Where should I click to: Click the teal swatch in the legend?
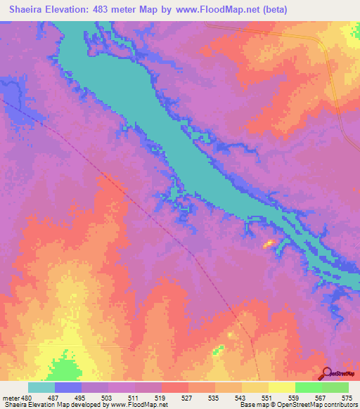[41, 387]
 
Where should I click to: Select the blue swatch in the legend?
[68, 387]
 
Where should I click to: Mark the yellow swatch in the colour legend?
[281, 387]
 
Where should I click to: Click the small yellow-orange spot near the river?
[268, 244]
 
